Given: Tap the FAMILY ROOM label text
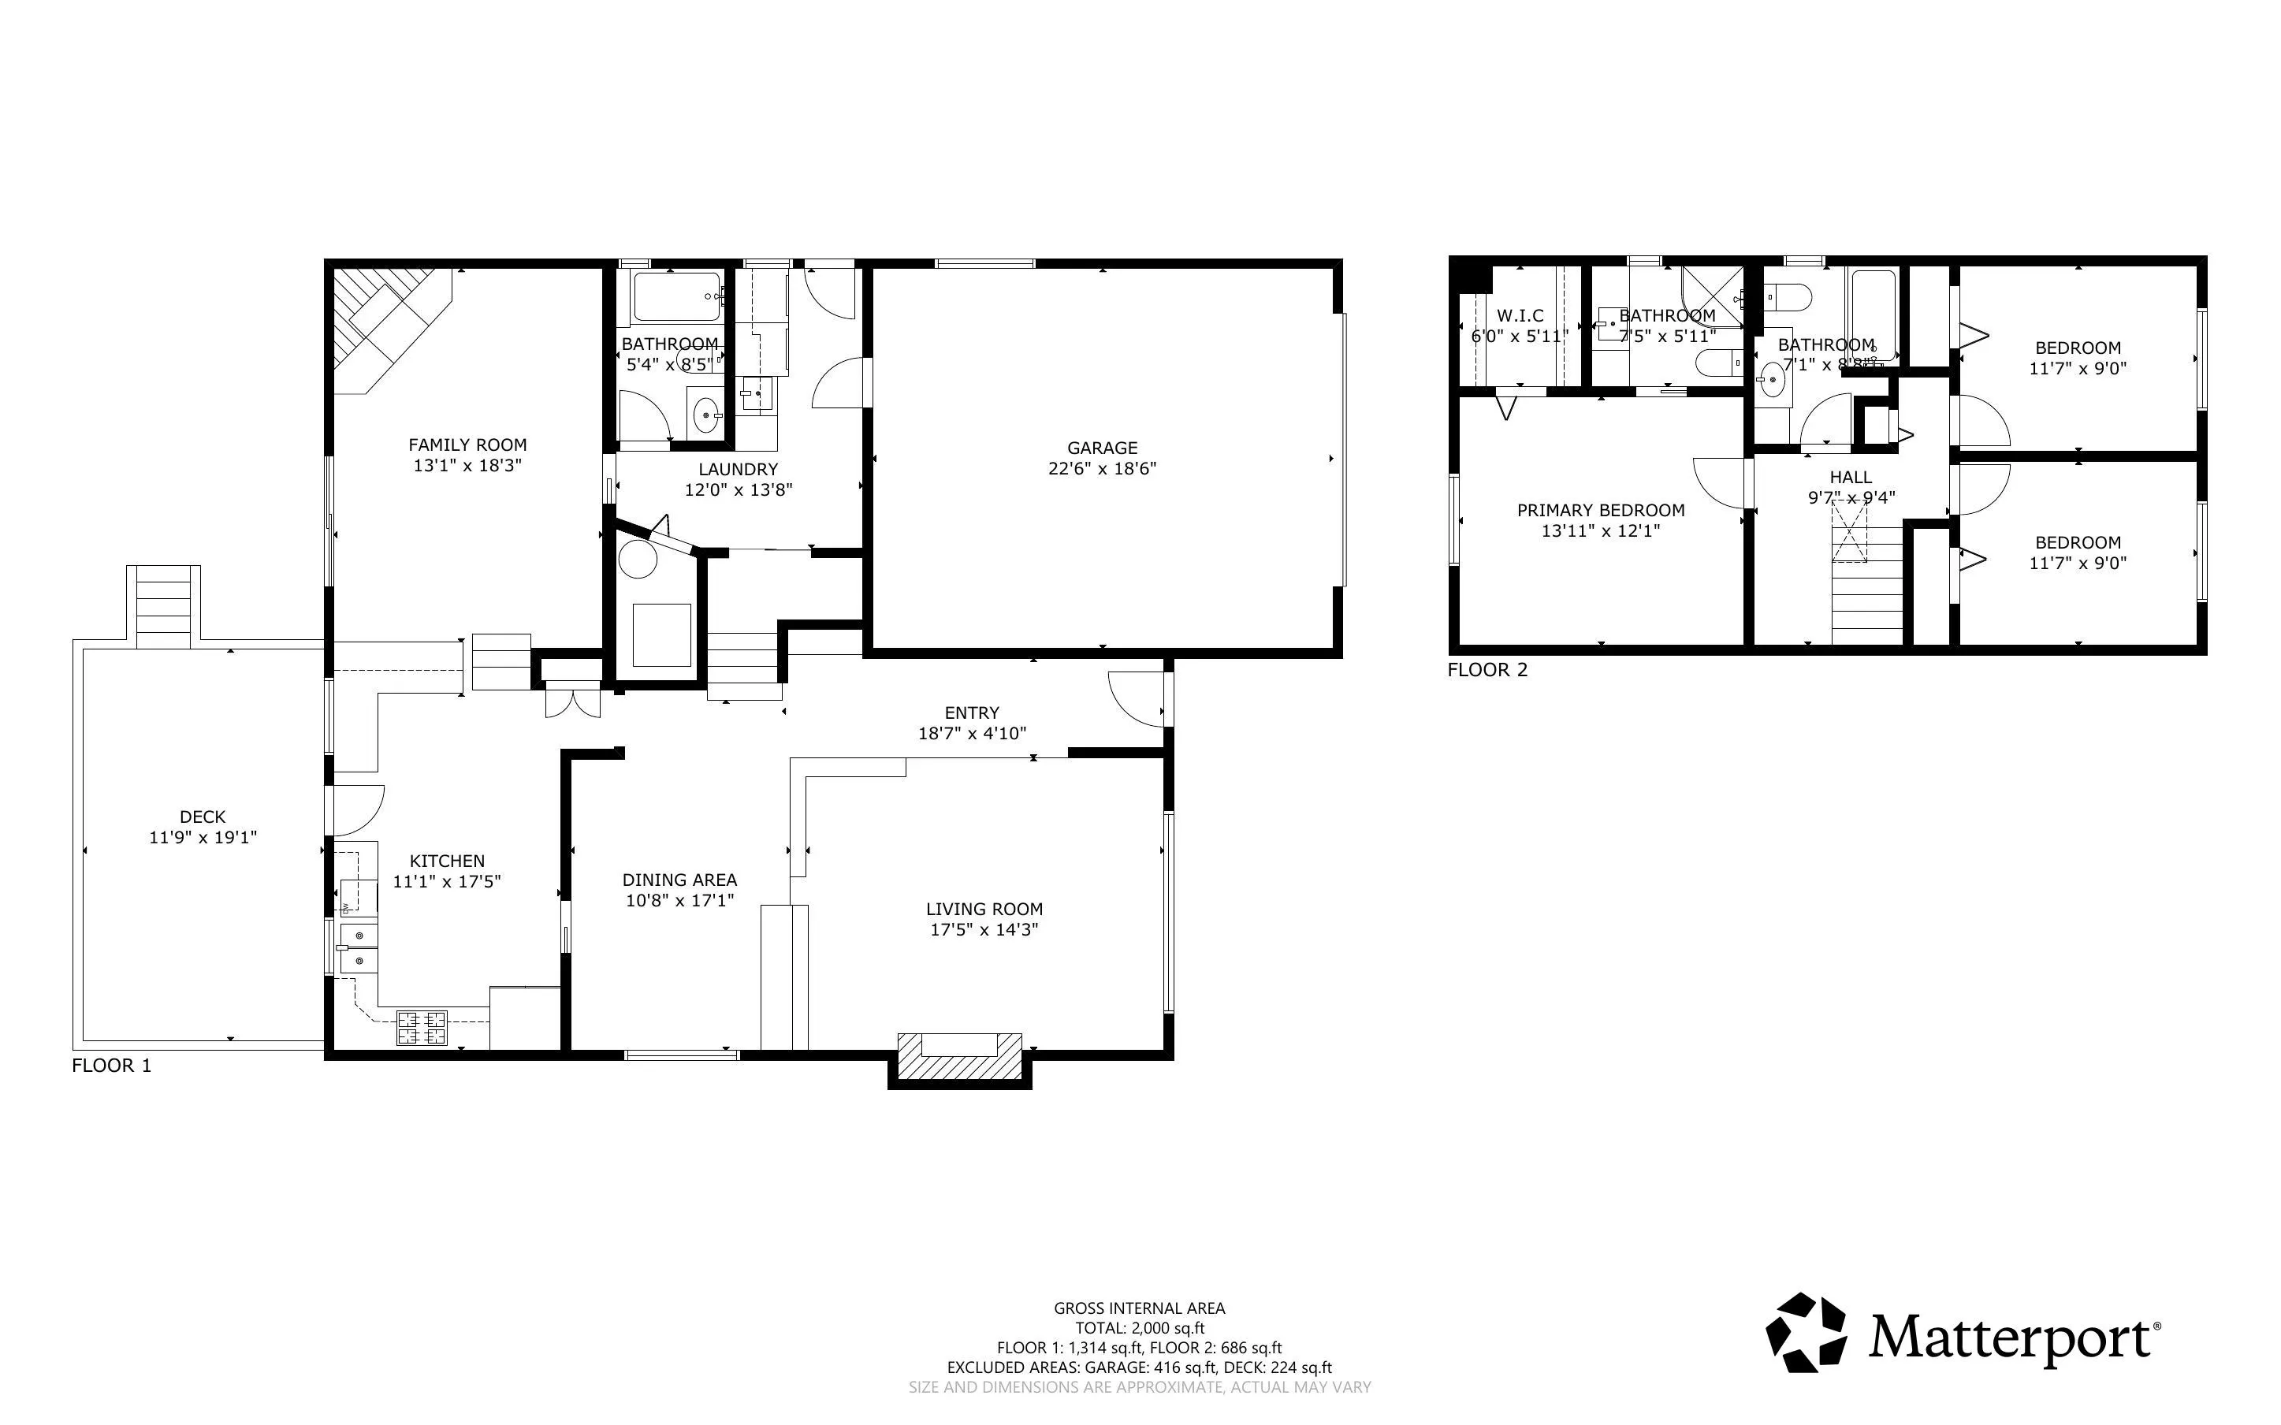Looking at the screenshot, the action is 467,445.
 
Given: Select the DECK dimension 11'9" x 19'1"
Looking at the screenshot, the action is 203,837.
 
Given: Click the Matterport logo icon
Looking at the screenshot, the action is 1807,1333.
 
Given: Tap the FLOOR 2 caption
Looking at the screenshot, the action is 1487,670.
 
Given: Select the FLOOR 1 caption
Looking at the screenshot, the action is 111,1066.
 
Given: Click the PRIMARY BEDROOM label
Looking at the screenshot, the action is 1601,510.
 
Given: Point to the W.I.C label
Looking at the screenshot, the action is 1520,316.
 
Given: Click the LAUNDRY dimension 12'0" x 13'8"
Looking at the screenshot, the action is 739,489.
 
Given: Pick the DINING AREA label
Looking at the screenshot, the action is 679,880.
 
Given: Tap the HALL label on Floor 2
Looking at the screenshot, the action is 1851,477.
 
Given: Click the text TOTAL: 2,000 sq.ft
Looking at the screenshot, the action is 1140,1328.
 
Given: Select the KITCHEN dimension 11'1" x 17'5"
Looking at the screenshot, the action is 447,881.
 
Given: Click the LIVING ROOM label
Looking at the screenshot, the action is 984,909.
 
